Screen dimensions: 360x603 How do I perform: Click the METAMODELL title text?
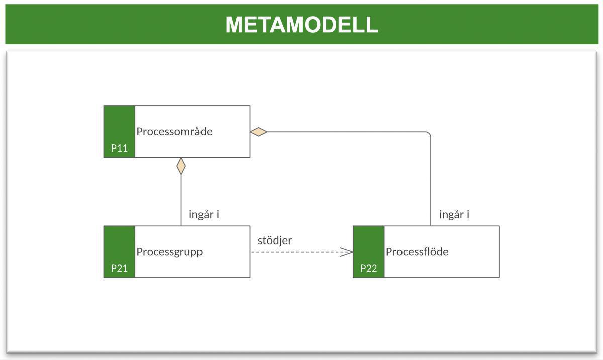(x=301, y=25)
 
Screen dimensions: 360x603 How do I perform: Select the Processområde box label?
(x=174, y=132)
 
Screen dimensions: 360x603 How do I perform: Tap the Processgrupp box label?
(x=169, y=252)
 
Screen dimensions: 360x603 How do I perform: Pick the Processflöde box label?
(x=417, y=252)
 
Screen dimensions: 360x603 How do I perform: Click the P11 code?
(x=119, y=148)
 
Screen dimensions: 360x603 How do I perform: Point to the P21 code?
(x=119, y=268)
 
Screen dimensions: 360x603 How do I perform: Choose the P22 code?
(x=368, y=268)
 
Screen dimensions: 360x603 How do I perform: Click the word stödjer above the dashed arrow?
(x=275, y=241)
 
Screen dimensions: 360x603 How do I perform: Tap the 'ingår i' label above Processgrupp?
(x=204, y=215)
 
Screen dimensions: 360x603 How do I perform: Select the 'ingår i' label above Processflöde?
(x=454, y=215)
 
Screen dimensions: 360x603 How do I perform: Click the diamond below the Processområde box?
(x=181, y=166)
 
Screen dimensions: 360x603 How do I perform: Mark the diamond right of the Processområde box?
(x=259, y=132)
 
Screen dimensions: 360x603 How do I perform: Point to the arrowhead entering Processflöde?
(x=347, y=252)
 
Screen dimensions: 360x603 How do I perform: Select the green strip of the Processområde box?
(x=119, y=126)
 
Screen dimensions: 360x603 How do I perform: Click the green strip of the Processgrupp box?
(x=119, y=246)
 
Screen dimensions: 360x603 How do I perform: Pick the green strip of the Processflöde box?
(x=368, y=246)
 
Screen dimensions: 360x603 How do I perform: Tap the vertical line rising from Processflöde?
(x=431, y=181)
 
